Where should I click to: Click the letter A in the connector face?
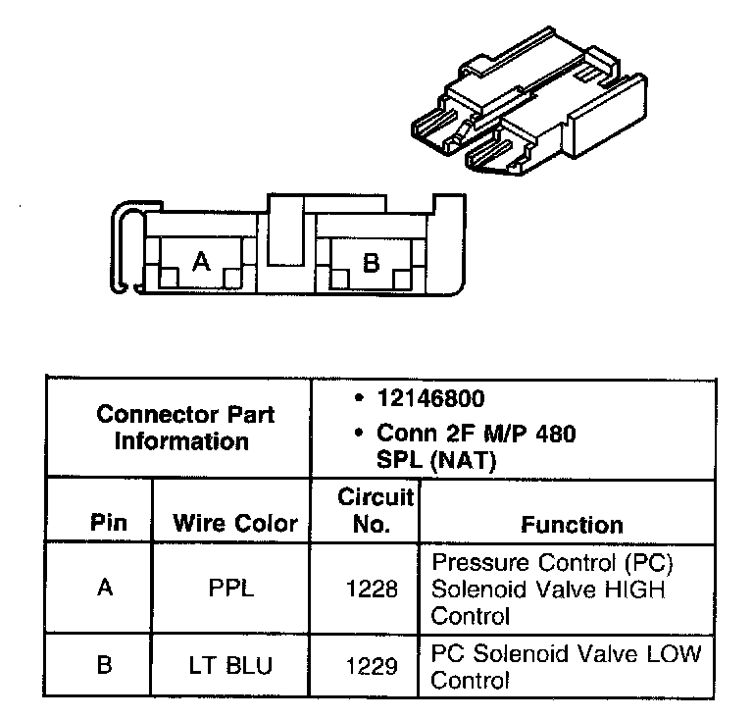point(201,261)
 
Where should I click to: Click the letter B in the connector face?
point(371,263)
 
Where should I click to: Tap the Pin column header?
point(108,523)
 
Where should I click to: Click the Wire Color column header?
point(235,523)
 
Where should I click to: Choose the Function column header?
point(572,525)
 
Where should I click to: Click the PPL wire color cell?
point(231,590)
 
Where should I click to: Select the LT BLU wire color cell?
point(231,665)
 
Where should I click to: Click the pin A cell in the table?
point(105,590)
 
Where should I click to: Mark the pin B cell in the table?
point(105,665)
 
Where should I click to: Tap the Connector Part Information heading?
point(185,427)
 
